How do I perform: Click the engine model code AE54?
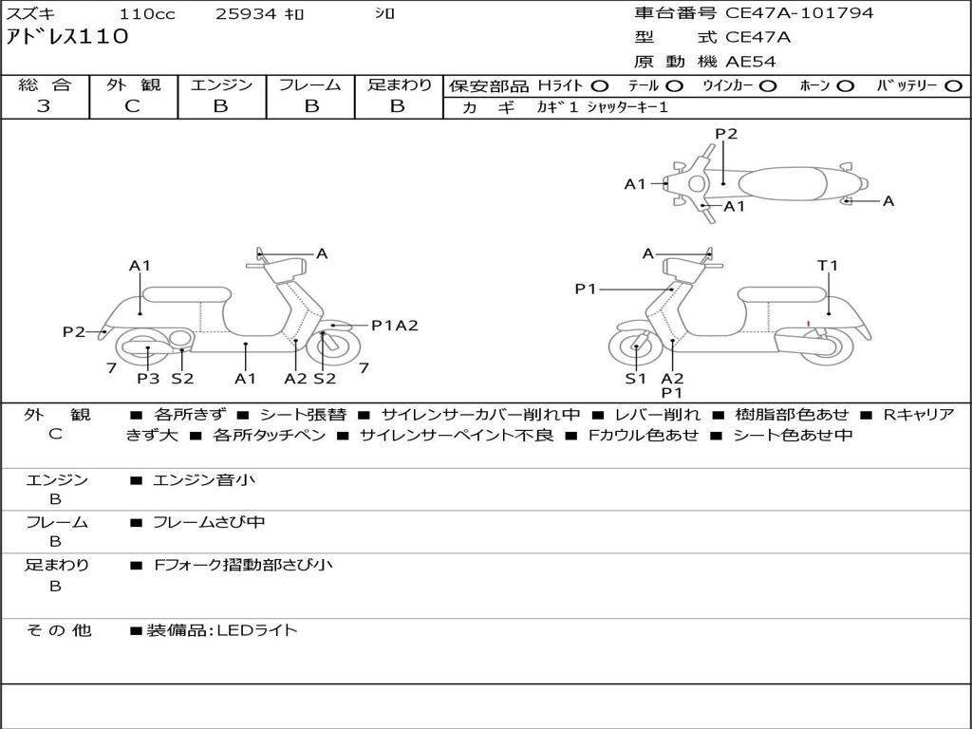(x=752, y=62)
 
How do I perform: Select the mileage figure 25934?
(x=245, y=14)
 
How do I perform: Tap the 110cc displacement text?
(x=146, y=14)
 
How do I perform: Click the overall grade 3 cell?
(x=44, y=106)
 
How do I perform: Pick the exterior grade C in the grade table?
(x=133, y=106)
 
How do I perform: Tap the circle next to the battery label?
(x=953, y=85)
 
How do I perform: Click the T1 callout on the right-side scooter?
(x=829, y=266)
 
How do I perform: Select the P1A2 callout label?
(x=394, y=326)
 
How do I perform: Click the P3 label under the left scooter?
(x=148, y=379)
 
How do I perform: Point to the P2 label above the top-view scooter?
(x=726, y=134)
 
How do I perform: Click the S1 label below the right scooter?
(x=635, y=379)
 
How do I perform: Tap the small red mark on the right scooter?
(x=808, y=325)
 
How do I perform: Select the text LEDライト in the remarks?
(x=258, y=629)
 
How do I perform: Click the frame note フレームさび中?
(x=209, y=522)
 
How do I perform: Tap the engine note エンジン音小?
(x=204, y=480)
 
